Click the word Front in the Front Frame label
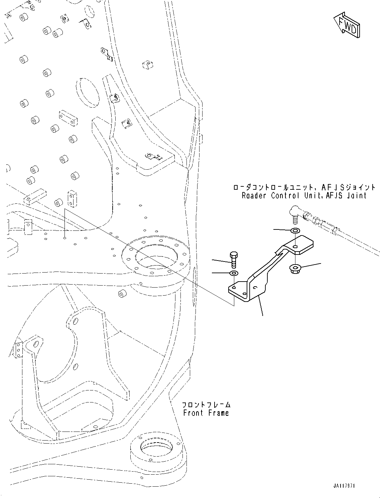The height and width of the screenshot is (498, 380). coord(193,413)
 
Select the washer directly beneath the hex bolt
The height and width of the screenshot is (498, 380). coord(234,274)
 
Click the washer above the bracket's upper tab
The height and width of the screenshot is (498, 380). coord(295,230)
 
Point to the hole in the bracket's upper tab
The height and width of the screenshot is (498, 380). coord(295,246)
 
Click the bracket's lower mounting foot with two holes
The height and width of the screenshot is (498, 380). coord(239,291)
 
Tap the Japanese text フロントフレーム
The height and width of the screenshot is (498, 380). coord(206,404)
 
